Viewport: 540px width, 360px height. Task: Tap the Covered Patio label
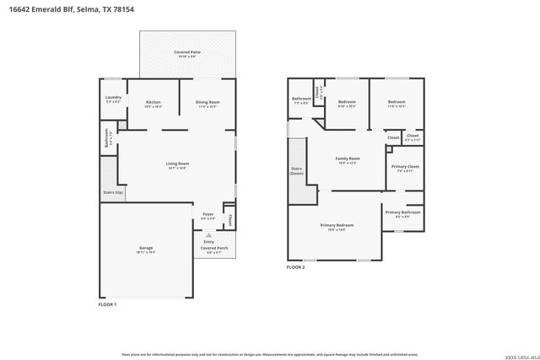[186, 52]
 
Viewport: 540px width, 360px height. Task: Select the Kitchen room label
[153, 103]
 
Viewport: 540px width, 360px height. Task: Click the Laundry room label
[114, 98]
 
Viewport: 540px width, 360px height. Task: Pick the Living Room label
[176, 164]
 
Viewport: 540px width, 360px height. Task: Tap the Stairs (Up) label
[113, 192]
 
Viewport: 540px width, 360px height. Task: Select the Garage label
[146, 248]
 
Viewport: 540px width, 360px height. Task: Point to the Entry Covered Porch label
[208, 244]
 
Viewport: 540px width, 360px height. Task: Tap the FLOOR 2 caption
[295, 267]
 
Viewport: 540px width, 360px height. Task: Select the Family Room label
[348, 159]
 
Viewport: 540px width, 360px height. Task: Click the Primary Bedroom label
[337, 225]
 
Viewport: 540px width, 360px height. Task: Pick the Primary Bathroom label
[402, 212]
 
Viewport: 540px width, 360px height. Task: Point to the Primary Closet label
[405, 167]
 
